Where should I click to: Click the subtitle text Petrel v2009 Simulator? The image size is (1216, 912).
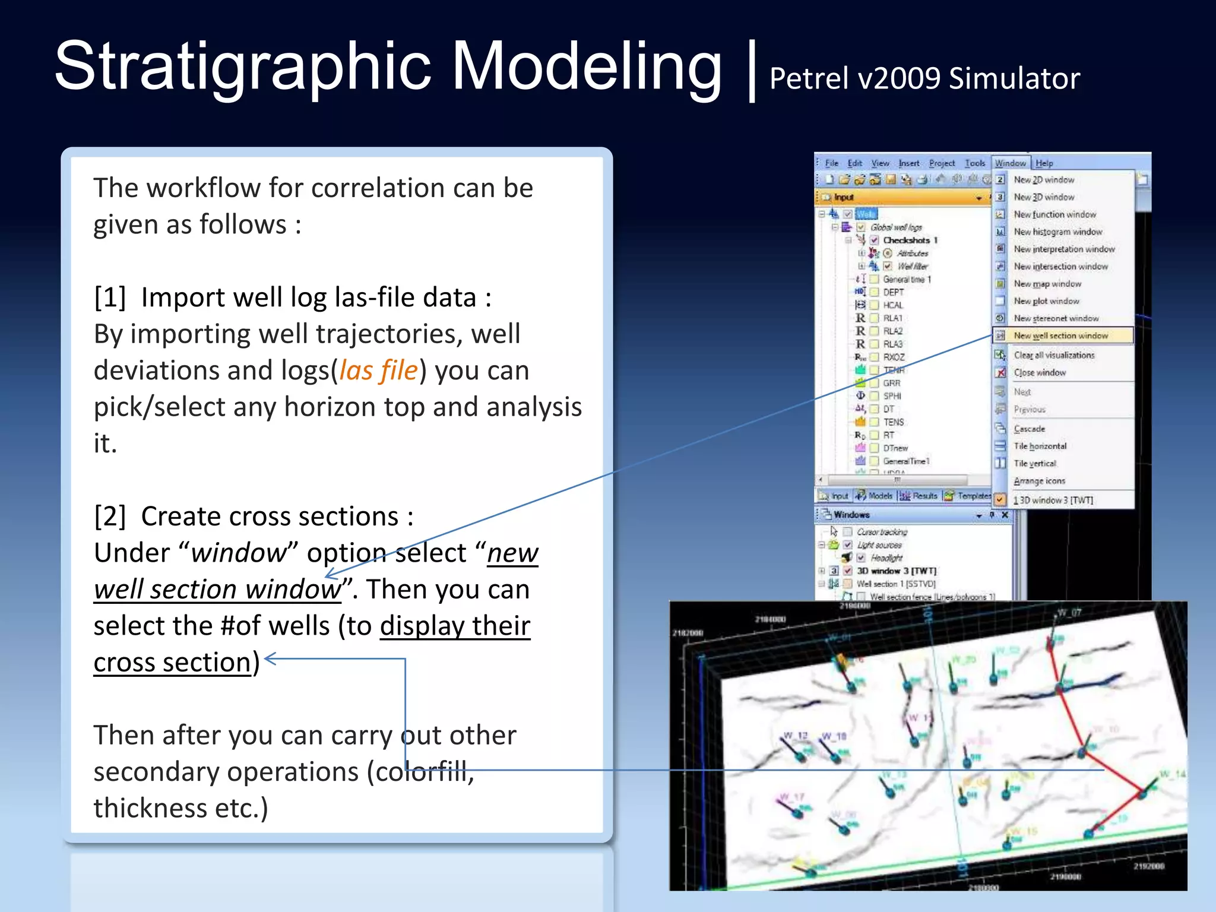pyautogui.click(x=924, y=78)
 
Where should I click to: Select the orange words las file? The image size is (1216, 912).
pyautogui.click(x=379, y=370)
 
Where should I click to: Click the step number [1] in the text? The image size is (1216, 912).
pyautogui.click(x=110, y=297)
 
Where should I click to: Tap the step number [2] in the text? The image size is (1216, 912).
pyautogui.click(x=110, y=517)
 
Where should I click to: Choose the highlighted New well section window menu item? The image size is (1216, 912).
pyautogui.click(x=1060, y=335)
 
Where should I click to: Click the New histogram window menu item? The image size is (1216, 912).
pyautogui.click(x=1057, y=232)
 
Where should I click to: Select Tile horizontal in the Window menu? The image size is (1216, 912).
pyautogui.click(x=1040, y=446)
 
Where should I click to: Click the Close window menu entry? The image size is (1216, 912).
pyautogui.click(x=1040, y=372)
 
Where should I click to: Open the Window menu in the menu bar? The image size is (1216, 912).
pyautogui.click(x=1010, y=163)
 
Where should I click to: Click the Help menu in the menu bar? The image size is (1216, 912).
pyautogui.click(x=1044, y=163)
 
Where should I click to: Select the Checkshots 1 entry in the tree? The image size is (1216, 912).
pyautogui.click(x=910, y=240)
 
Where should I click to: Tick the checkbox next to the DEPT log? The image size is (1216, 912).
pyautogui.click(x=875, y=292)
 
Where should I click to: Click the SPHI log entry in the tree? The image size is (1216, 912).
pyautogui.click(x=892, y=396)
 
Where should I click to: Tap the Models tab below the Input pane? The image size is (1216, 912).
pyautogui.click(x=879, y=496)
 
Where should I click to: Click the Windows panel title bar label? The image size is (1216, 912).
pyautogui.click(x=851, y=515)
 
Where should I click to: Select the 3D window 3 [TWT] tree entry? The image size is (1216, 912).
pyautogui.click(x=896, y=571)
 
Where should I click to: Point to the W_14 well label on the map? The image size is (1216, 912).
pyautogui.click(x=1172, y=774)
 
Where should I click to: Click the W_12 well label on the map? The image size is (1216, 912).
pyautogui.click(x=796, y=736)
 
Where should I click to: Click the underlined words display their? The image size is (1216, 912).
pyautogui.click(x=455, y=626)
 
